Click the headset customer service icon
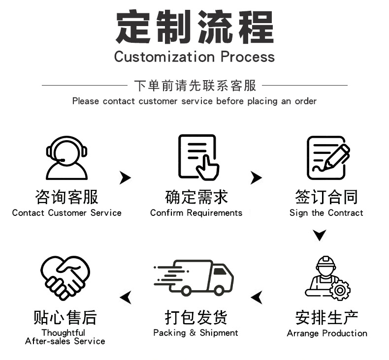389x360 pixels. click(66, 158)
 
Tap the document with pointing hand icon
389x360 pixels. click(198, 157)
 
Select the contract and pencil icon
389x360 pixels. click(328, 157)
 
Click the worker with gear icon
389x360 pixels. click(327, 278)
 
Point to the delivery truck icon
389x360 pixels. click(194, 277)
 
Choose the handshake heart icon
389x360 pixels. click(65, 278)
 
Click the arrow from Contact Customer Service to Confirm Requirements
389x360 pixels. click(125, 178)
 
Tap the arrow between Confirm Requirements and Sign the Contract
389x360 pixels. click(256, 178)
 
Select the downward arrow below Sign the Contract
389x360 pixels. click(319, 235)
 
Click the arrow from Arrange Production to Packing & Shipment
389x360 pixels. click(257, 298)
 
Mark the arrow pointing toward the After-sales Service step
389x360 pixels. click(126, 298)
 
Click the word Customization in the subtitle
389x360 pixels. click(164, 57)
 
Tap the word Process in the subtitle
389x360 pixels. click(248, 57)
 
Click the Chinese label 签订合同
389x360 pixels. click(326, 197)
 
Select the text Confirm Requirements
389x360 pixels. click(196, 213)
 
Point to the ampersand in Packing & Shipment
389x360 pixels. click(193, 332)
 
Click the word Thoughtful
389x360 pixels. click(63, 333)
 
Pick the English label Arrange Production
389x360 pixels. click(327, 333)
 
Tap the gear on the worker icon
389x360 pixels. click(340, 290)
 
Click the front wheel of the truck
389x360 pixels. click(219, 290)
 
